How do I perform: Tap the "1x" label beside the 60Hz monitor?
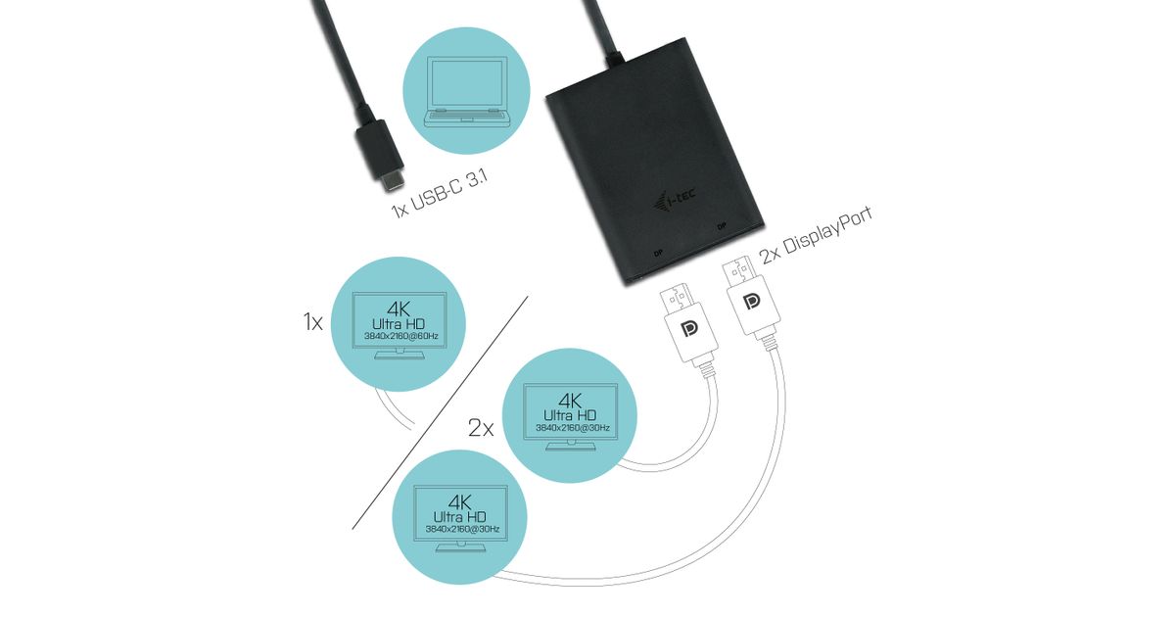(x=312, y=322)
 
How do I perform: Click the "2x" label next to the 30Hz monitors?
(x=480, y=427)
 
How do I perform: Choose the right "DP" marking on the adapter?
(x=722, y=226)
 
